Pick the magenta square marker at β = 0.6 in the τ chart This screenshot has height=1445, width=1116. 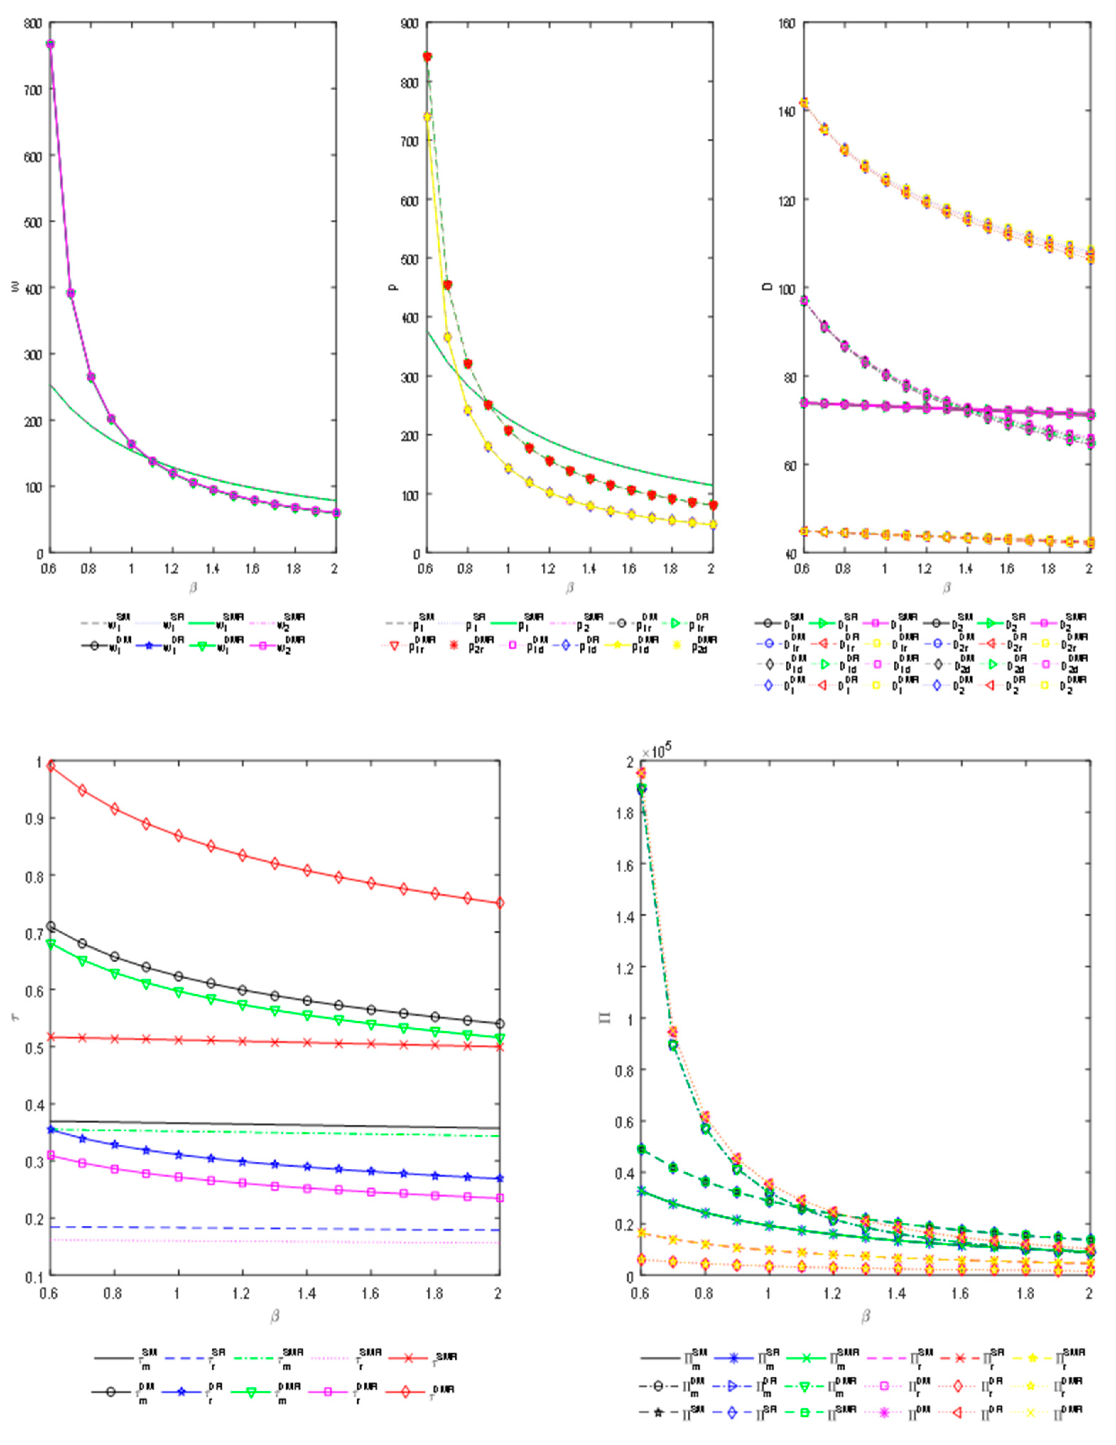[50, 1155]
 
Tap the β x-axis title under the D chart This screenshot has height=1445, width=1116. [947, 587]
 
